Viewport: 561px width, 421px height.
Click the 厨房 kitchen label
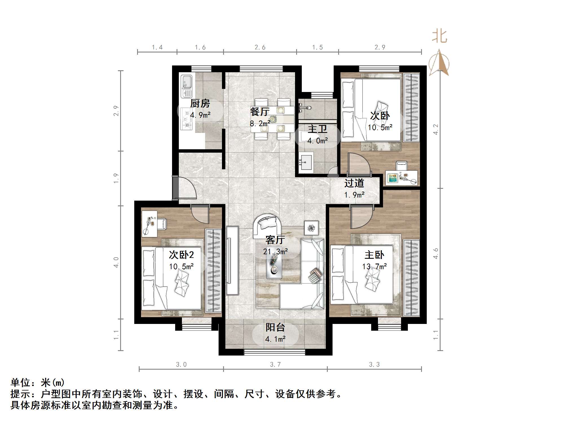[200, 104]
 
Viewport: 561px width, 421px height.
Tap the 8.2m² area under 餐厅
[260, 123]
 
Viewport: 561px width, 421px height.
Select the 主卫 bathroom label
[317, 129]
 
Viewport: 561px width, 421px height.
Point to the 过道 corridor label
[354, 183]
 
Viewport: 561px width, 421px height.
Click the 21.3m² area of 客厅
[275, 251]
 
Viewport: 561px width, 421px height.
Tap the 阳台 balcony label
[275, 327]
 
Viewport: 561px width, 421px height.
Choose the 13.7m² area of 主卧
[374, 266]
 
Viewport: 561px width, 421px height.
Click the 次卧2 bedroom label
[181, 255]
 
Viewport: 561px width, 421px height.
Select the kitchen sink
[186, 86]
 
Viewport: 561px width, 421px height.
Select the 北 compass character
[440, 36]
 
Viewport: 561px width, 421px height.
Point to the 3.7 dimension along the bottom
[275, 365]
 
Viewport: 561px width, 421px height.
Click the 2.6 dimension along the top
[260, 47]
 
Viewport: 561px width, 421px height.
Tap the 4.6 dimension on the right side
[436, 253]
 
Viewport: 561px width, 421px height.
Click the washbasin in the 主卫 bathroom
[306, 162]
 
